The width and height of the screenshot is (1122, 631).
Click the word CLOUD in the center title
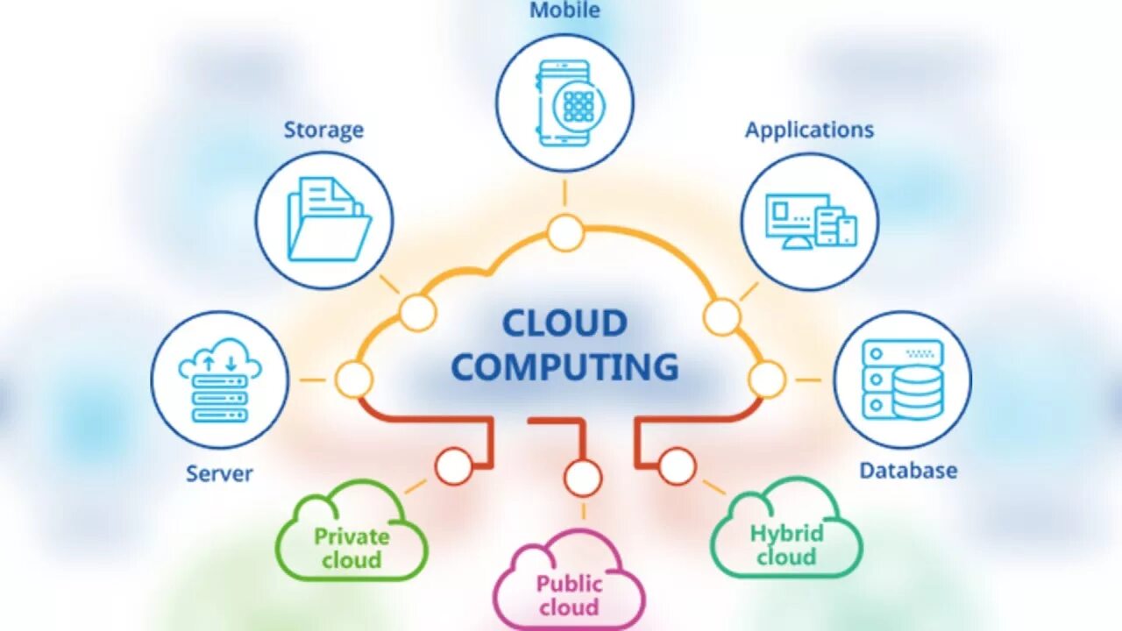click(565, 323)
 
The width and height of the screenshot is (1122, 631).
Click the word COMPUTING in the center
click(565, 366)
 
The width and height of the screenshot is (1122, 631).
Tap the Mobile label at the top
click(565, 11)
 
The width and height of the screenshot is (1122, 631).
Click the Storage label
click(323, 131)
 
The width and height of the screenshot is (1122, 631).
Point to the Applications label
click(809, 130)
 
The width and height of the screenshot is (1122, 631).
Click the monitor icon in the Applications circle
click(797, 219)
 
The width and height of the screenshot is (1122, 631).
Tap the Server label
click(219, 473)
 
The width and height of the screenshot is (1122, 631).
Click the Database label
click(908, 471)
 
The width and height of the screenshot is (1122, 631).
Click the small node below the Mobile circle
click(565, 232)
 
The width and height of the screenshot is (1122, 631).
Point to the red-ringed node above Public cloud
click(583, 479)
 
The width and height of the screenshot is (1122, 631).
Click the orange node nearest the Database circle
click(767, 379)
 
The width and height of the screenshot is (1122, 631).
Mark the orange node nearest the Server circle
click(354, 379)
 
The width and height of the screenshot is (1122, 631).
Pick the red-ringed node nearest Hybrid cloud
click(677, 465)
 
